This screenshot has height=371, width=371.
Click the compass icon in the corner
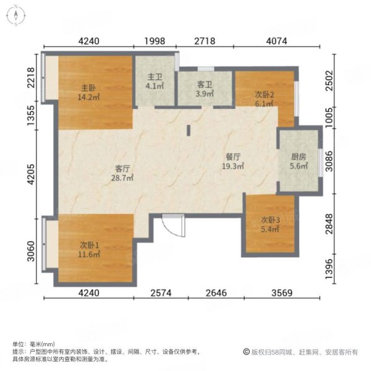[x=16, y=15]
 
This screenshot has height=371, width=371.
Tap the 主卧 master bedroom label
[x=88, y=88]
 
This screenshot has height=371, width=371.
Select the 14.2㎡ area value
[x=88, y=97]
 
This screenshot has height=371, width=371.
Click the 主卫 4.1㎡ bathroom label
[x=155, y=82]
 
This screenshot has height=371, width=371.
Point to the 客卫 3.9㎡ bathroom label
[x=205, y=89]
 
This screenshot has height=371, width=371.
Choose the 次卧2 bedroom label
[x=264, y=95]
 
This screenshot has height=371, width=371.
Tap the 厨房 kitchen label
[x=299, y=156]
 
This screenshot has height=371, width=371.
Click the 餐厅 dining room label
[x=233, y=156]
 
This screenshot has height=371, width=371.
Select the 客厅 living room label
[x=122, y=168]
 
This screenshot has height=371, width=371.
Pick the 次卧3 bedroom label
[x=270, y=220]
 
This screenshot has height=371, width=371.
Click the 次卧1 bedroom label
[x=89, y=245]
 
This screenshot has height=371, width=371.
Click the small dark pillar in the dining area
[x=189, y=130]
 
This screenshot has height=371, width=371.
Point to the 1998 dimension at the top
[x=155, y=41]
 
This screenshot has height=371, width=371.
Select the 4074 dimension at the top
[x=276, y=41]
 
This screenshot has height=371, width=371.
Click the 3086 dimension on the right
[x=329, y=161]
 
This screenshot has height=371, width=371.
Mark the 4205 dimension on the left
[x=31, y=174]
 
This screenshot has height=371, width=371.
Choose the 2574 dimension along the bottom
[x=161, y=293]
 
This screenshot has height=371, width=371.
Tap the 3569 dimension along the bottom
[x=282, y=293]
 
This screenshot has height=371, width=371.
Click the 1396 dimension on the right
[x=329, y=269]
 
